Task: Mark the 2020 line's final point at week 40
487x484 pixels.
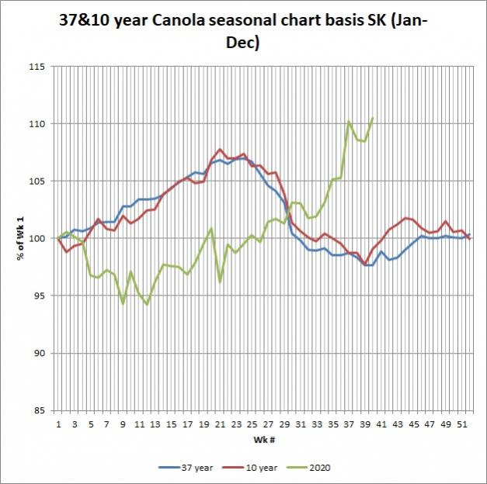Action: point(373,118)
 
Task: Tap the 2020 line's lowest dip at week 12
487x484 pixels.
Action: point(147,305)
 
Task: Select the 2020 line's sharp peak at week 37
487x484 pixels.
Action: point(349,121)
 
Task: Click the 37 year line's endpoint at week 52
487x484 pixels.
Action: point(469,234)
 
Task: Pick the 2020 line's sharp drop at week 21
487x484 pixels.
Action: point(220,282)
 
